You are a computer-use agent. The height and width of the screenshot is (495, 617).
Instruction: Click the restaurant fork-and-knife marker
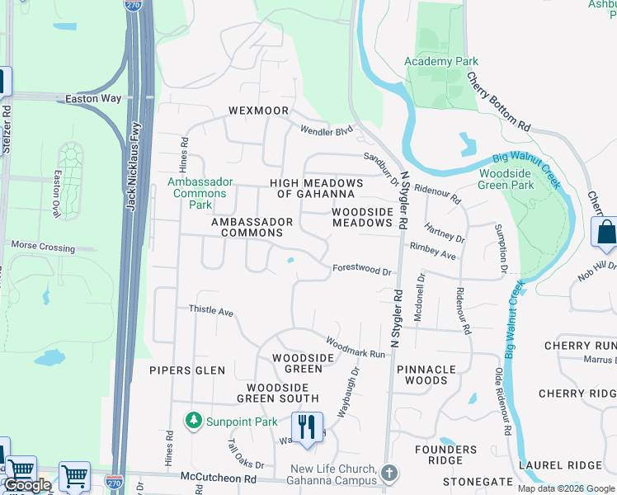(x=307, y=427)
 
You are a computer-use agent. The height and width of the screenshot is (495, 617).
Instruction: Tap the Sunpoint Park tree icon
(x=194, y=421)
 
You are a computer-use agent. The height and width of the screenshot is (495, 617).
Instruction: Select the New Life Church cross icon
(x=389, y=473)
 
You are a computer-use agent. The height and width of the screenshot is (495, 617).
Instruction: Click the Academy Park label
(x=440, y=62)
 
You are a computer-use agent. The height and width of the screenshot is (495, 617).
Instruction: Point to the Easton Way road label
(x=93, y=99)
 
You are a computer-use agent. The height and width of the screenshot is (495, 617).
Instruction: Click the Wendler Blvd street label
(x=326, y=130)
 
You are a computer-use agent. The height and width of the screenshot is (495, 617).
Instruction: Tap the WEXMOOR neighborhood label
(x=258, y=111)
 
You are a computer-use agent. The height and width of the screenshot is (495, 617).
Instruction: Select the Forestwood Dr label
(x=361, y=269)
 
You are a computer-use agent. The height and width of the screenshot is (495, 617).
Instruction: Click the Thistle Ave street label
(x=211, y=311)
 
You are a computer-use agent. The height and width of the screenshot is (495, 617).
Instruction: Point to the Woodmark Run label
(x=356, y=346)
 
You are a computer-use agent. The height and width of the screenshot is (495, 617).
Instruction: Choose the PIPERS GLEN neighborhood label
(x=187, y=370)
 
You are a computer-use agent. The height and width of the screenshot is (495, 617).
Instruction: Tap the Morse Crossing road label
(x=43, y=247)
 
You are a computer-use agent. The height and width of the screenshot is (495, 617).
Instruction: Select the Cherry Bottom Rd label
(x=498, y=102)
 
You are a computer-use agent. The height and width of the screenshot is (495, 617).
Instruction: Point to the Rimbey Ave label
(x=432, y=251)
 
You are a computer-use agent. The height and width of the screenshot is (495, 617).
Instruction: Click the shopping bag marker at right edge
(x=605, y=234)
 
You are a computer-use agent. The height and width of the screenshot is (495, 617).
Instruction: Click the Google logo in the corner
(x=26, y=485)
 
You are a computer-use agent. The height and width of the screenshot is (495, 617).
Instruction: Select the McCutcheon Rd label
(x=220, y=478)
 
